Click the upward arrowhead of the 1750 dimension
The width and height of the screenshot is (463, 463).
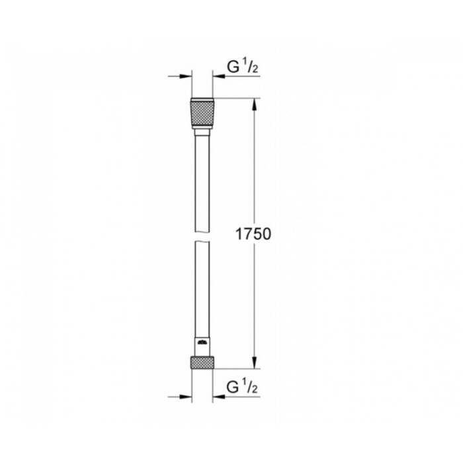pyautogui.click(x=255, y=105)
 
